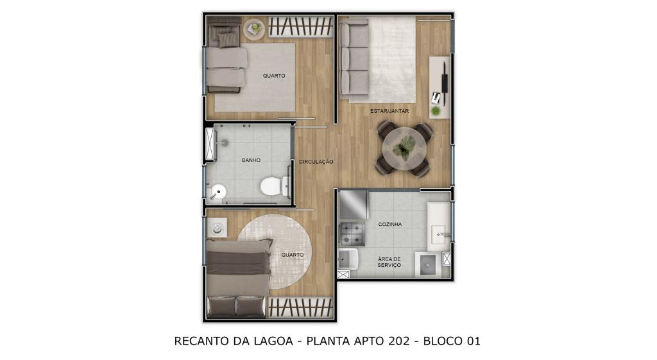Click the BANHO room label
(x=251, y=160)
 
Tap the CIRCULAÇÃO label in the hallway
(x=316, y=162)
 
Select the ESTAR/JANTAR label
(x=389, y=111)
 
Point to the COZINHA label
(x=390, y=224)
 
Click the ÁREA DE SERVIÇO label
(x=389, y=262)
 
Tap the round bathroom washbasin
(x=218, y=193)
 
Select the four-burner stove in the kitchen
(x=352, y=234)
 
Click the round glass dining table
(x=405, y=148)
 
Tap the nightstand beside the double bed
(x=217, y=228)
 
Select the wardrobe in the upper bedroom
(x=300, y=27)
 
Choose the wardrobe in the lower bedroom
(x=300, y=307)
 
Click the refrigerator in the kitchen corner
(x=354, y=205)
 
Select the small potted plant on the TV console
(x=436, y=111)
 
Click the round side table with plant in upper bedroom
(x=254, y=29)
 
